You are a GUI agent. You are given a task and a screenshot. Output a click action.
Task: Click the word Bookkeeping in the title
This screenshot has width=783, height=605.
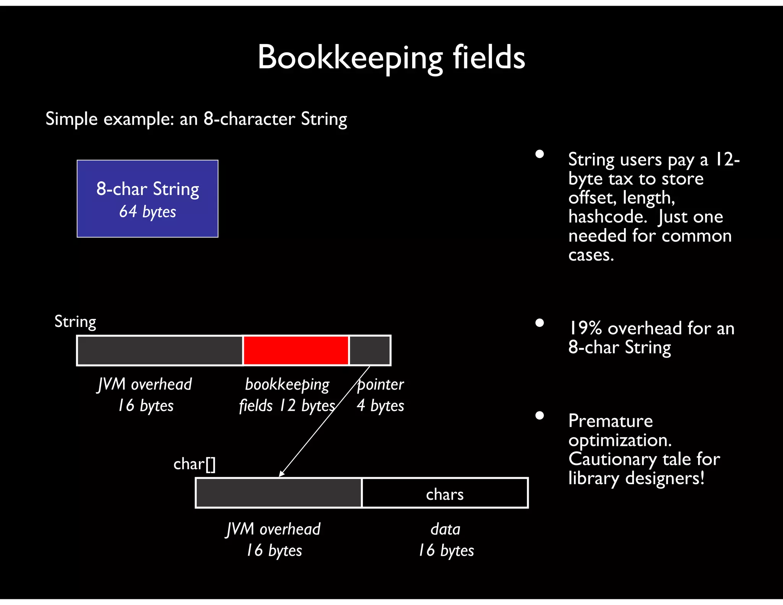350,57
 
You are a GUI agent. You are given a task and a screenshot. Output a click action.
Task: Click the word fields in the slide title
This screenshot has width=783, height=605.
489,57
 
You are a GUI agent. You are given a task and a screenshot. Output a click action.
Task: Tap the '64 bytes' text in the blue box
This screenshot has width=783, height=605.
148,211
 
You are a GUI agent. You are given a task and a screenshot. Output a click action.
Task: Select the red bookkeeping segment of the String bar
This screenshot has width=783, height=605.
296,350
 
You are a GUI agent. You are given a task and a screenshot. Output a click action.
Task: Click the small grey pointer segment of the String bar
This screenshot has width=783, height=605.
369,350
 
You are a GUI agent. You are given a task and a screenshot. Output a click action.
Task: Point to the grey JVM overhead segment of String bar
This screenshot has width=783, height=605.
160,350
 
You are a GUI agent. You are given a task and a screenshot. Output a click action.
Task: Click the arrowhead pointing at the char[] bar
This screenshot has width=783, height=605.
282,474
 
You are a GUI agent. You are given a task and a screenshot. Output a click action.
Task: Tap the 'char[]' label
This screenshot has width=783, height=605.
194,464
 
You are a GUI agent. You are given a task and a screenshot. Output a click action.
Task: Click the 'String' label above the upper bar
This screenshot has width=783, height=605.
75,322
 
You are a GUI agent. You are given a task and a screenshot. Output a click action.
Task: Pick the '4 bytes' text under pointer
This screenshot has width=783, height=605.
380,406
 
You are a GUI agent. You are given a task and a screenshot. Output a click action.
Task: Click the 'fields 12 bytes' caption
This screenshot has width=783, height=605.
287,406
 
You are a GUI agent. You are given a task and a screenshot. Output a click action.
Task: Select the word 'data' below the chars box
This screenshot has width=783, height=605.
445,529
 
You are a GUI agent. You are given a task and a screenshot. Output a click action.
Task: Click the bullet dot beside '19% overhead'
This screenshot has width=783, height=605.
539,323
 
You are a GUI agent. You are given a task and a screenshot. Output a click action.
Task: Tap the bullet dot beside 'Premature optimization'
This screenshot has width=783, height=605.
539,415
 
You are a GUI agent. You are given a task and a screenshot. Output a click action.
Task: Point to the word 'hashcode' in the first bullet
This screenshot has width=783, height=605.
607,217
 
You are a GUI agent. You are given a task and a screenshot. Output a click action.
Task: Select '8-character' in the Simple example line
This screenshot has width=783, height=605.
249,119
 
